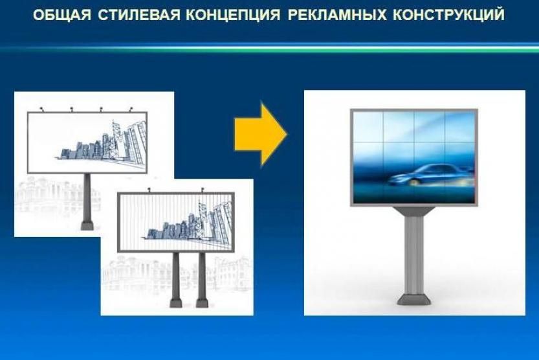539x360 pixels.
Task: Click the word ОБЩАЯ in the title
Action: coord(62,15)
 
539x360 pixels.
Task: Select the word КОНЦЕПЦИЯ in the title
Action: coord(233,15)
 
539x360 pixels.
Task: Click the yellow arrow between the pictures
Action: coord(261,135)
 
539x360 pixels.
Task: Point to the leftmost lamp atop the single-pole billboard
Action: coord(42,109)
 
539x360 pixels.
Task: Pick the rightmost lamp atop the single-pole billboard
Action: coord(131,109)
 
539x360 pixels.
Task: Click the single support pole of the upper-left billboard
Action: coord(87,197)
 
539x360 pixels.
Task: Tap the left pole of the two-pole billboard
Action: coord(175,276)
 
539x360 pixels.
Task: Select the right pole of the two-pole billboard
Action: coord(202,276)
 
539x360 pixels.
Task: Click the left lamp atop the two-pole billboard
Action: coord(149,190)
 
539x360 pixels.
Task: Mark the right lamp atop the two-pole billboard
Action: coord(203,190)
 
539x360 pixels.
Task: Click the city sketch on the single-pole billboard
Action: coord(100,142)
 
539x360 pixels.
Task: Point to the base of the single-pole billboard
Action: coord(87,226)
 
